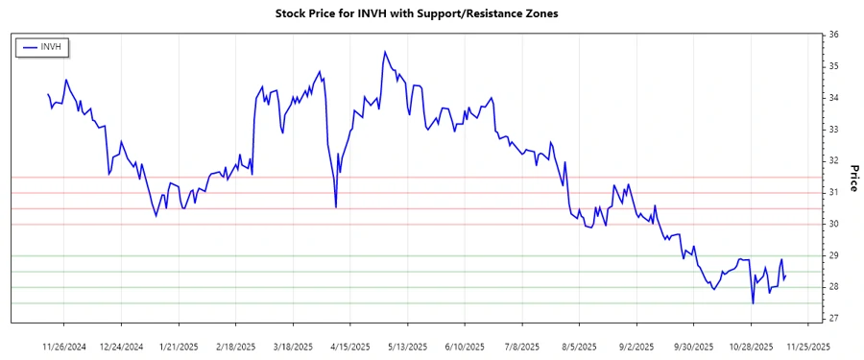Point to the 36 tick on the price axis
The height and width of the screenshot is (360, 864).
click(834, 35)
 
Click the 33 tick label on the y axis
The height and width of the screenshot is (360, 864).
click(834, 130)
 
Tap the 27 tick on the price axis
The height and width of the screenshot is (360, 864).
click(834, 319)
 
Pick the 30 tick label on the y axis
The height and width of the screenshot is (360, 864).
click(834, 224)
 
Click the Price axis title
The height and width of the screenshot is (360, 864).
click(853, 177)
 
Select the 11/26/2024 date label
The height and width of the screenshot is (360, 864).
click(65, 347)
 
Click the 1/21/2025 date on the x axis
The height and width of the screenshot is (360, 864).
click(179, 347)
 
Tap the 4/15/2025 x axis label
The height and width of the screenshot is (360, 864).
click(349, 347)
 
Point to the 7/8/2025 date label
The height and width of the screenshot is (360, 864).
click(519, 347)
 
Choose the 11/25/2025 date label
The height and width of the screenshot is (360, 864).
click(803, 347)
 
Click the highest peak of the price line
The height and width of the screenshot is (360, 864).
click(385, 52)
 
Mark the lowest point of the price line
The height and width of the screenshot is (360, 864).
click(753, 303)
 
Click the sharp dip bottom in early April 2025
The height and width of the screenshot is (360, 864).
click(336, 207)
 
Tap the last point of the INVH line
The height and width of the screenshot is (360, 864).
click(786, 276)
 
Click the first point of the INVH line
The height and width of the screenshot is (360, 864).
click(48, 94)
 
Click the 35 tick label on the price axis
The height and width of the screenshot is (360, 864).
click(834, 66)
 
